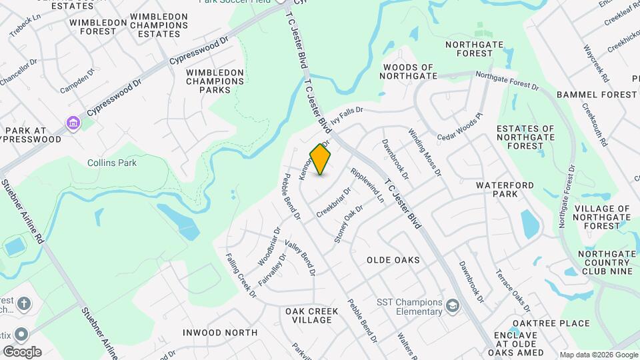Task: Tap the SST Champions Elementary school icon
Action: pos(453,306)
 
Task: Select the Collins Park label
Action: pos(112,163)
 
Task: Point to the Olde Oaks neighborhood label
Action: pos(393,260)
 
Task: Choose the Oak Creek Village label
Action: pos(309,315)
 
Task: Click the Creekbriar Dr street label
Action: pos(334,201)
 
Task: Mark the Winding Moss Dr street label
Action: pos(425,152)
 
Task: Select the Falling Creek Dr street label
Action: pos(241,275)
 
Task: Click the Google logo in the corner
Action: pos(22,351)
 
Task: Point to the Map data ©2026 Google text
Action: pos(598,354)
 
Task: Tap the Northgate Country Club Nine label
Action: pos(605,263)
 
